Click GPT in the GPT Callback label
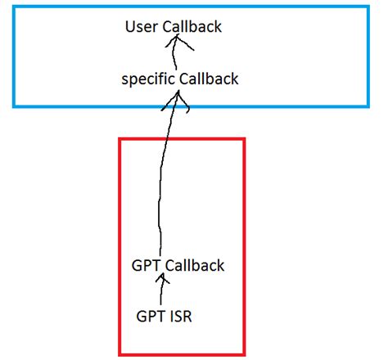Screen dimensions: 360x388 145,266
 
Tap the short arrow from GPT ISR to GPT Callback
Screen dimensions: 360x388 163,290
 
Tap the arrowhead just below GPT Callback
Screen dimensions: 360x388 163,280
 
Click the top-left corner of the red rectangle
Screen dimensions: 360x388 120,139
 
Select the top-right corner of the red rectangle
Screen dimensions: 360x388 244,139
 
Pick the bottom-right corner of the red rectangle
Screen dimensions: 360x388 244,354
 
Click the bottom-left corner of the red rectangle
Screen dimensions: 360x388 120,354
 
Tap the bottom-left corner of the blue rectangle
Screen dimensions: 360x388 14,106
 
